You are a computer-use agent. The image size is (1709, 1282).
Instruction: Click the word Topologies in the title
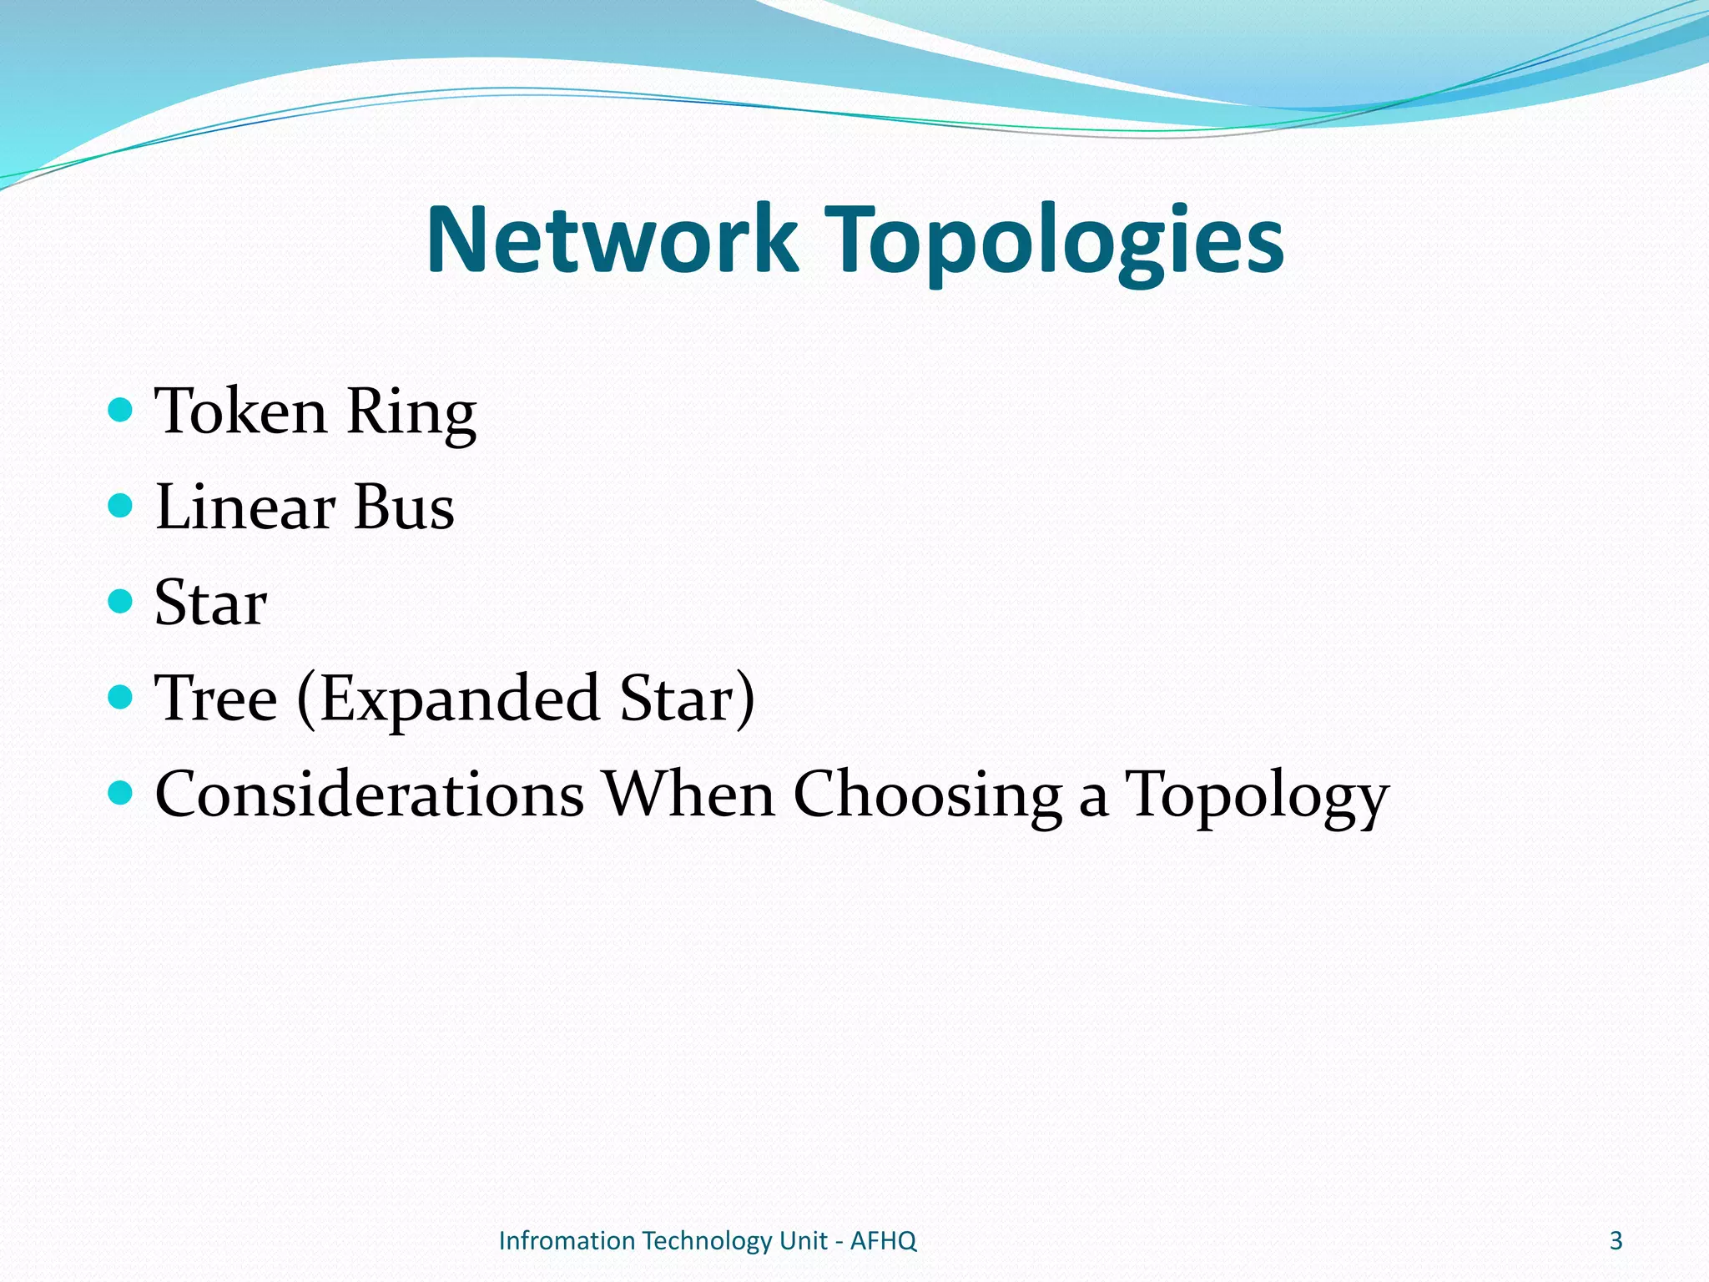(1054, 242)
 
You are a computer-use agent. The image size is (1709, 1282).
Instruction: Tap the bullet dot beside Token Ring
(121, 410)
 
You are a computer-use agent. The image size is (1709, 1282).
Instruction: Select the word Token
(241, 411)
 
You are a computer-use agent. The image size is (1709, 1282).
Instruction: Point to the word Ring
(411, 413)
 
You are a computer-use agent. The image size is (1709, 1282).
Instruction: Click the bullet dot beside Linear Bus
(121, 505)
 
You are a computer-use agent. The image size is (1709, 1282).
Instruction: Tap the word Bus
(404, 507)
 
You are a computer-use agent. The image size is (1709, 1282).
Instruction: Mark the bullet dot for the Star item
(121, 601)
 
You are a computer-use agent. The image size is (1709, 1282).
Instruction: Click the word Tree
(216, 699)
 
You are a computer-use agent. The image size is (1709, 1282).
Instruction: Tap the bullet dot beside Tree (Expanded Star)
(121, 696)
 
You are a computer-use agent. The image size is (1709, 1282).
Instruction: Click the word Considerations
(369, 795)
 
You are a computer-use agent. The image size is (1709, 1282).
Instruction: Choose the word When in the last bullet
(689, 795)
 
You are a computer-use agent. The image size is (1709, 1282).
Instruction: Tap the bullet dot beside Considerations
(121, 792)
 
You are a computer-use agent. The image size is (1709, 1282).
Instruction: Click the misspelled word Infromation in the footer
(567, 1241)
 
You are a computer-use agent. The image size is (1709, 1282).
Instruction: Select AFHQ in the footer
(883, 1241)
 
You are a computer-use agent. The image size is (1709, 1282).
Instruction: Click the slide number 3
(1616, 1241)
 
